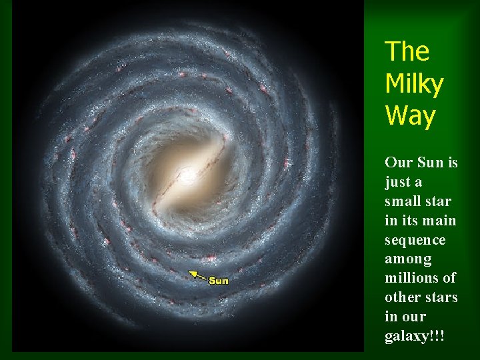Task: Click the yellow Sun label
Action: [219, 281]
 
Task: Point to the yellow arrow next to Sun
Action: [197, 274]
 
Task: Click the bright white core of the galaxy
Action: [186, 175]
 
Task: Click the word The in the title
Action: [407, 51]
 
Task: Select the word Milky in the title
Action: [414, 84]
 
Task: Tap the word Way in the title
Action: [410, 116]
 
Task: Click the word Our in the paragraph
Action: [397, 163]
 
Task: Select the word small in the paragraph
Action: [402, 201]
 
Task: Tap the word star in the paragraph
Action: [438, 201]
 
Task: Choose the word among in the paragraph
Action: [408, 259]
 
